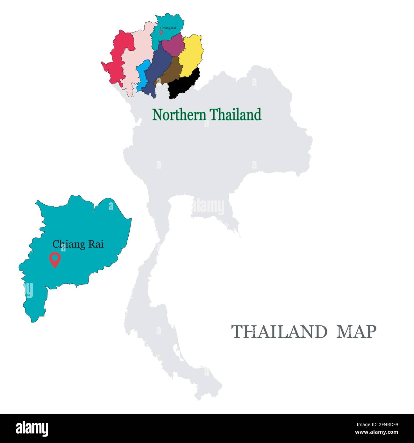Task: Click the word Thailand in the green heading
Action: [236, 115]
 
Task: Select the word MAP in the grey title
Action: [357, 332]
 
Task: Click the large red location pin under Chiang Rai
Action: [55, 259]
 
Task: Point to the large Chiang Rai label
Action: [78, 244]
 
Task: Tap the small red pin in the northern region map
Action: [161, 33]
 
